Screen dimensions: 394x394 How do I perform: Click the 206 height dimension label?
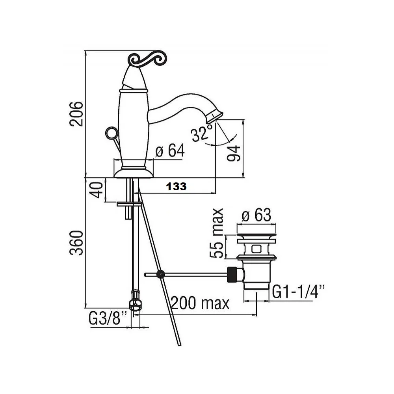click(x=76, y=114)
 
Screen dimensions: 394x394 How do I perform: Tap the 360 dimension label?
click(x=76, y=243)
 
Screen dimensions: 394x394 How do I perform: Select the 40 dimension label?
click(x=97, y=190)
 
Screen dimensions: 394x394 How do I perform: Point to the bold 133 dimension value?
click(x=176, y=186)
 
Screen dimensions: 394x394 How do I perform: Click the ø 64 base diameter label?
click(x=170, y=151)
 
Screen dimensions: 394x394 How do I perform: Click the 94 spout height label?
click(x=234, y=153)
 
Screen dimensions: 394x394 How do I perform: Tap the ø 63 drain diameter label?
click(x=256, y=215)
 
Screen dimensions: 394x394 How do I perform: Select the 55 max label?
click(x=216, y=233)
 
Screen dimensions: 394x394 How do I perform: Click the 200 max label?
click(x=200, y=303)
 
